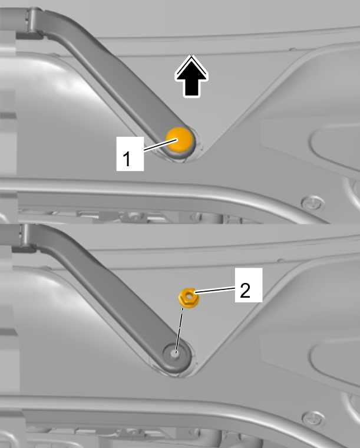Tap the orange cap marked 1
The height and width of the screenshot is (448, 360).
coord(179,140)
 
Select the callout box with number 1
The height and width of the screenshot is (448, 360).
coord(130,154)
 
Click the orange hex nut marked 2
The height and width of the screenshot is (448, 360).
coord(189,298)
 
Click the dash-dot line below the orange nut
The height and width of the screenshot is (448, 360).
coord(180,331)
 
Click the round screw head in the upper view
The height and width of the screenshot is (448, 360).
coord(313,203)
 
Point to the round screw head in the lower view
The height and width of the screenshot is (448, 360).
coord(314,419)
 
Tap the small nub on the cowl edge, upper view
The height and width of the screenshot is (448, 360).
coord(293,50)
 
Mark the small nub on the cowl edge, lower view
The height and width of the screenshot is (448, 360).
coord(281,261)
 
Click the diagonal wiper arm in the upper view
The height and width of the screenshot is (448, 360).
coord(114,83)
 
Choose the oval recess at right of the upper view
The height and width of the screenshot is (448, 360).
coord(334,143)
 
